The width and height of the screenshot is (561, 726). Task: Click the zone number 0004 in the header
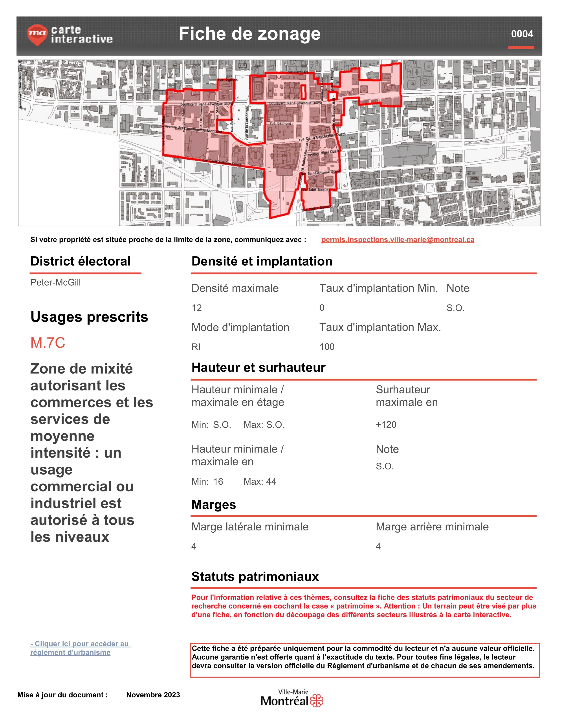522,34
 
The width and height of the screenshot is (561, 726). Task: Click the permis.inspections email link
398,240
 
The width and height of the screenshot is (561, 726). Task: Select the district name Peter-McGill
55,282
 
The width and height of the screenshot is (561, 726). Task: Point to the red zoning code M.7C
48,343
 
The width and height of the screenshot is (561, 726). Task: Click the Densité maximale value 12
197,308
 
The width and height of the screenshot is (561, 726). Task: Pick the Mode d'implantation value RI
196,347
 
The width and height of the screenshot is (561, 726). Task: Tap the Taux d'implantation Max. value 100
327,347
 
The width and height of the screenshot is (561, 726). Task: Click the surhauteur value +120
386,425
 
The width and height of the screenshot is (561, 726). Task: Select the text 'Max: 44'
260,482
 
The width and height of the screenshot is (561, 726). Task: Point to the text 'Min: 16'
207,482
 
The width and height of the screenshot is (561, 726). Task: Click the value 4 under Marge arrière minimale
378,546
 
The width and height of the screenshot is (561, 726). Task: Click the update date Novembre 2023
153,695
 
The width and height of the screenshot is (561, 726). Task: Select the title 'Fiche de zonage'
250,34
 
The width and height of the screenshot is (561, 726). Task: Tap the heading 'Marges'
214,505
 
